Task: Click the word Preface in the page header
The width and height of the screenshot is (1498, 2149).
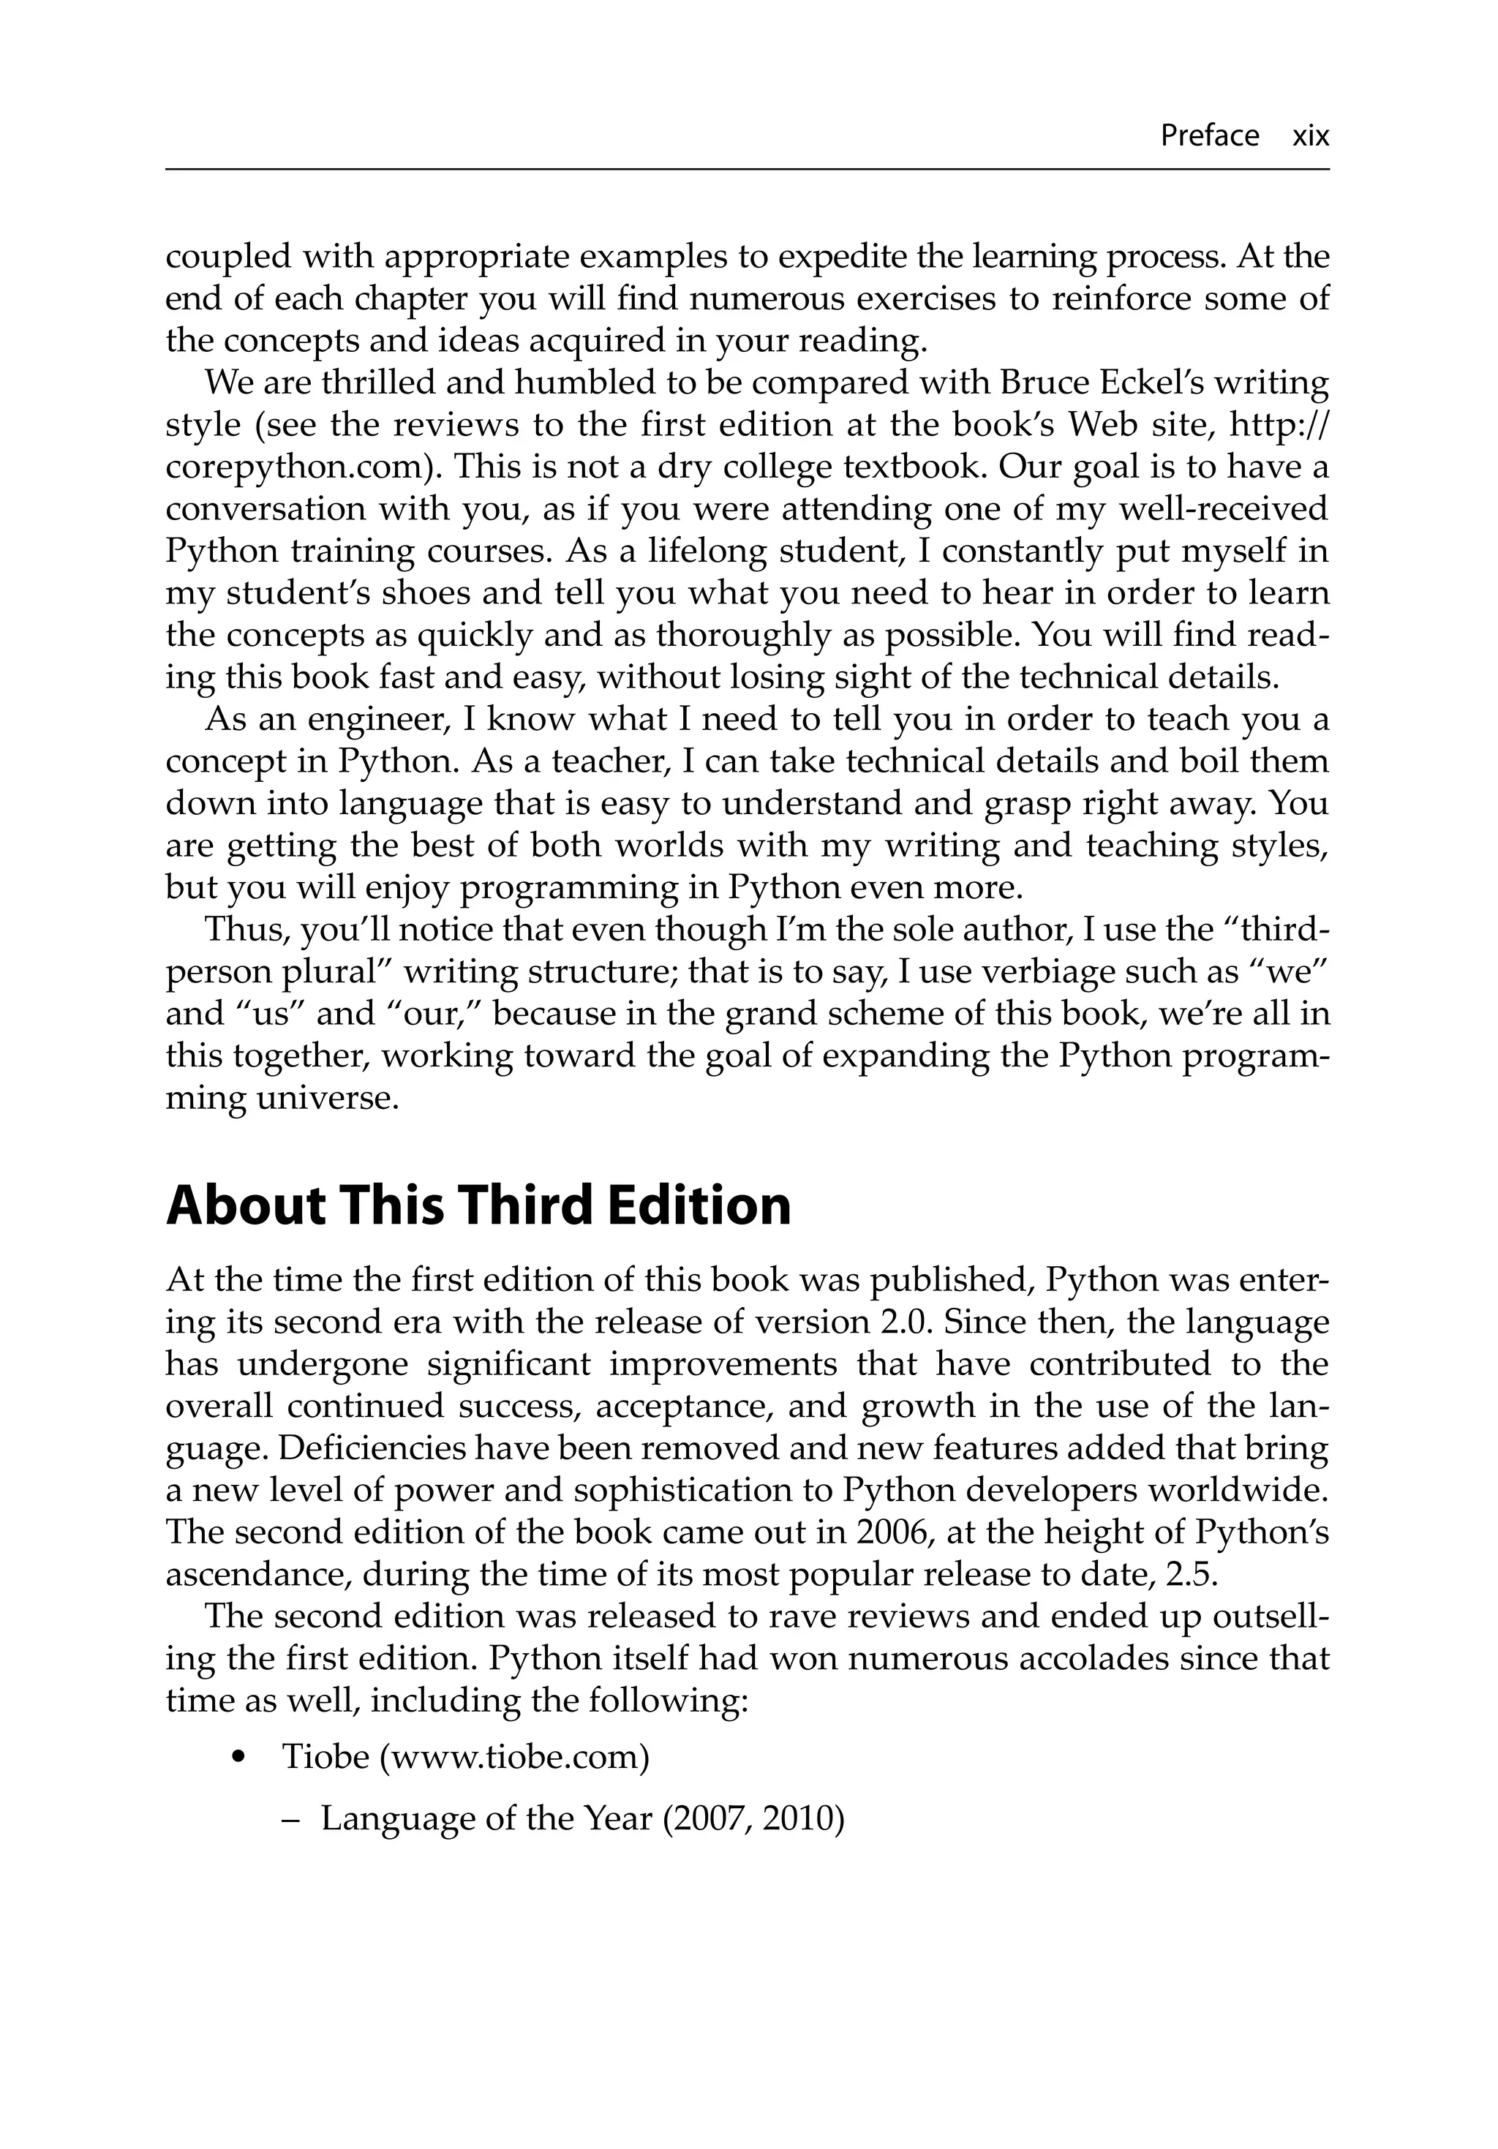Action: pyautogui.click(x=1208, y=136)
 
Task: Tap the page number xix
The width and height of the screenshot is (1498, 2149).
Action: pyautogui.click(x=1310, y=136)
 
